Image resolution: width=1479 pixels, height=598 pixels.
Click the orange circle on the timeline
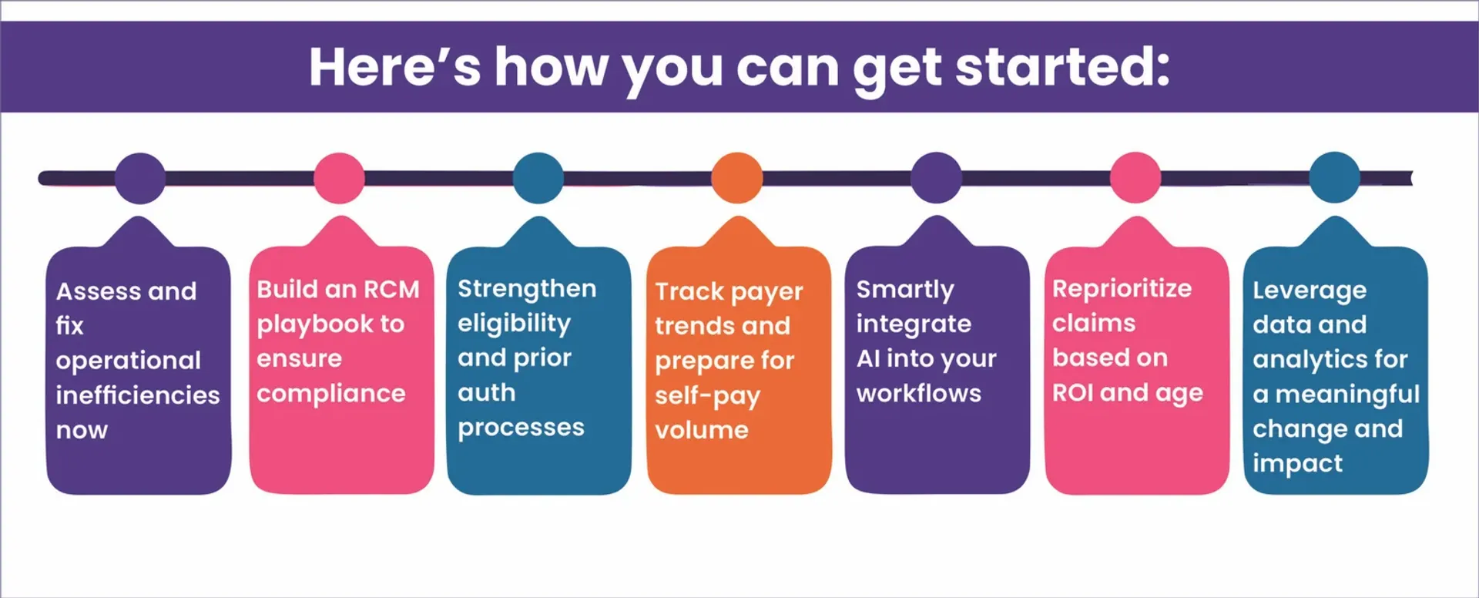pyautogui.click(x=736, y=178)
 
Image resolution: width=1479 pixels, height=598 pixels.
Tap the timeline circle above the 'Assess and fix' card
pyautogui.click(x=139, y=178)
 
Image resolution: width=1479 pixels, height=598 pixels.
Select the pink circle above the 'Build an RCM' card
pyautogui.click(x=339, y=178)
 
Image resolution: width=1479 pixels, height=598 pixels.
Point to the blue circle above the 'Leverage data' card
pyautogui.click(x=1334, y=178)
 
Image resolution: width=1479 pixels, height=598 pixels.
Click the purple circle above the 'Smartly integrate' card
pyautogui.click(x=936, y=178)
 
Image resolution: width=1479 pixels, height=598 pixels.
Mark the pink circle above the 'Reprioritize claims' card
pyautogui.click(x=1135, y=178)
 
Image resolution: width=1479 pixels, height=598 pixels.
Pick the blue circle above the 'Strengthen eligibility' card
pyautogui.click(x=538, y=178)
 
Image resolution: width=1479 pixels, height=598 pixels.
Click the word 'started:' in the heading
pyautogui.click(x=1062, y=67)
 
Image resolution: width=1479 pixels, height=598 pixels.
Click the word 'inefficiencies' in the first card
pyautogui.click(x=138, y=395)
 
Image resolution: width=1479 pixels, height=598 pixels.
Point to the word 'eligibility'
pyautogui.click(x=514, y=324)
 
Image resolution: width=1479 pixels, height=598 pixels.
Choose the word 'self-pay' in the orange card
pyautogui.click(x=707, y=396)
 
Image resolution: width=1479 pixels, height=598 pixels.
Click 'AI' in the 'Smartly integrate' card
pyautogui.click(x=867, y=358)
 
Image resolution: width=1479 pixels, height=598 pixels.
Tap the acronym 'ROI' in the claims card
pyautogui.click(x=1072, y=393)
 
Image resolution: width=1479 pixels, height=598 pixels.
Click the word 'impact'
pyautogui.click(x=1297, y=463)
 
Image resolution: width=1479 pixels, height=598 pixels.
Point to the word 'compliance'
pyautogui.click(x=330, y=394)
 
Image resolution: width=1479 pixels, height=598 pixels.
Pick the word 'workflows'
pyautogui.click(x=918, y=394)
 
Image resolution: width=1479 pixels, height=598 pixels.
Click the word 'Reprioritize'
pyautogui.click(x=1122, y=289)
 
